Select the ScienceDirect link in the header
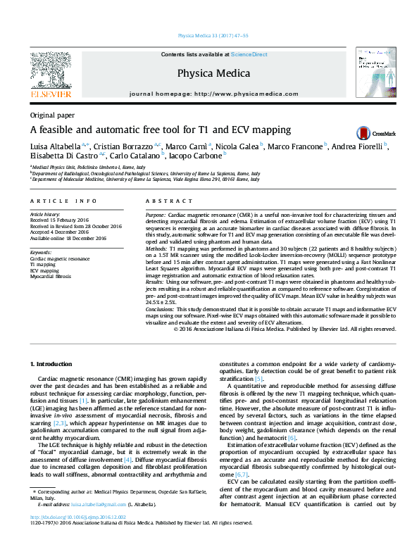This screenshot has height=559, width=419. click(249, 54)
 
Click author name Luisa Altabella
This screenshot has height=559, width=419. click(56, 146)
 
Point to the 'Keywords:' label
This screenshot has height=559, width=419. click(41, 252)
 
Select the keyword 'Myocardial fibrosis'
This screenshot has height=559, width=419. click(50, 277)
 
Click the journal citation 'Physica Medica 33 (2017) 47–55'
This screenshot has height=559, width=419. click(210, 35)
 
